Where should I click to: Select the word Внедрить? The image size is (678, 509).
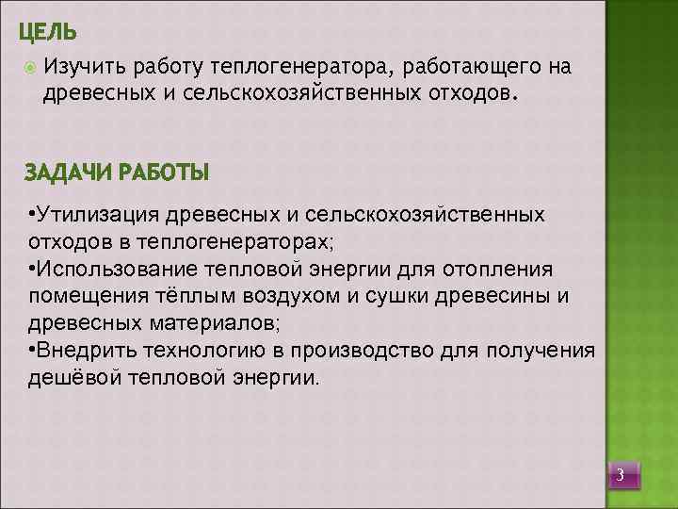(89, 351)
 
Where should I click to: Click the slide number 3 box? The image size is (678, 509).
(621, 473)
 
